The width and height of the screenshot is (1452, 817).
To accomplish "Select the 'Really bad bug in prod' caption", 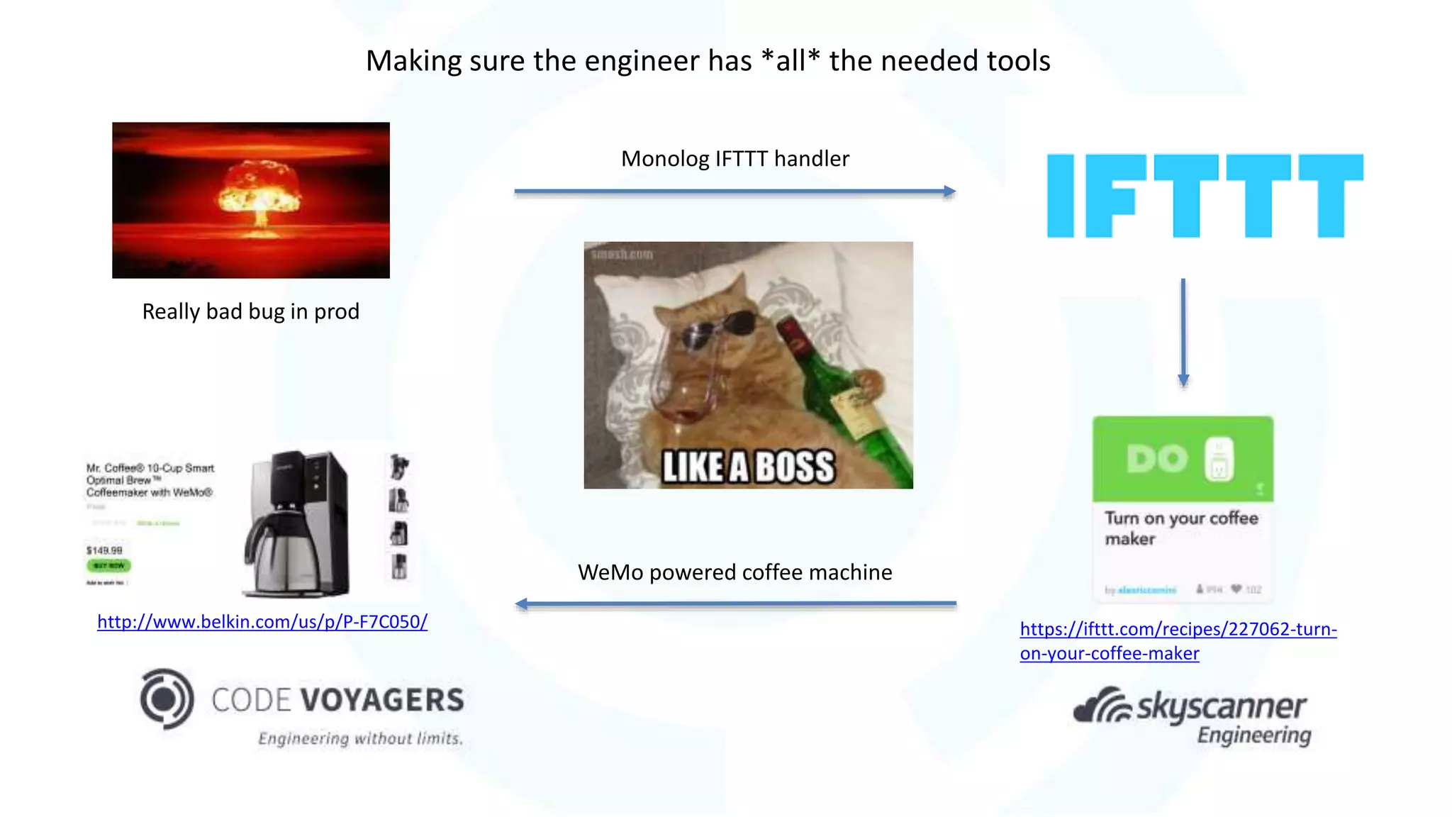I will point(250,311).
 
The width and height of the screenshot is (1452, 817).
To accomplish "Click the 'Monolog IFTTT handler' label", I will point(735,159).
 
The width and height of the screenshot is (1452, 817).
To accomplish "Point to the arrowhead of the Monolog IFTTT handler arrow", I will point(949,191).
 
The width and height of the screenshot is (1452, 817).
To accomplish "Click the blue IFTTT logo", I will point(1205,196).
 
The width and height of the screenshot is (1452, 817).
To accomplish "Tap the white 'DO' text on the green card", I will point(1156,459).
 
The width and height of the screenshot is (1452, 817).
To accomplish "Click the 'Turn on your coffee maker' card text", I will point(1180,528).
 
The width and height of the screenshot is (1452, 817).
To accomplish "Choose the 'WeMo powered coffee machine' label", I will point(735,572).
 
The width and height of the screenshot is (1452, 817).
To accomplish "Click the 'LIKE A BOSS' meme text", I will point(747,467).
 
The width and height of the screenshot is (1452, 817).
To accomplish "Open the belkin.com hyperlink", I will point(262,622).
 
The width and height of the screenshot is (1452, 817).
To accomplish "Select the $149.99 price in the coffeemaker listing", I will point(104,550).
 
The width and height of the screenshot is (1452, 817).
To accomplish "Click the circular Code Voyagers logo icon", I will point(167,699).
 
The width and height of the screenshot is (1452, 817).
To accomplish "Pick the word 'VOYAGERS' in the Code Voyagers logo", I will point(383,700).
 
